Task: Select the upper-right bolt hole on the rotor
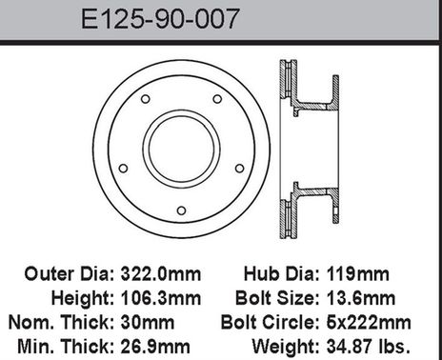point(217,99)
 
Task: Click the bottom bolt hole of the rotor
point(181,210)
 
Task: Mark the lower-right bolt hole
point(239,168)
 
